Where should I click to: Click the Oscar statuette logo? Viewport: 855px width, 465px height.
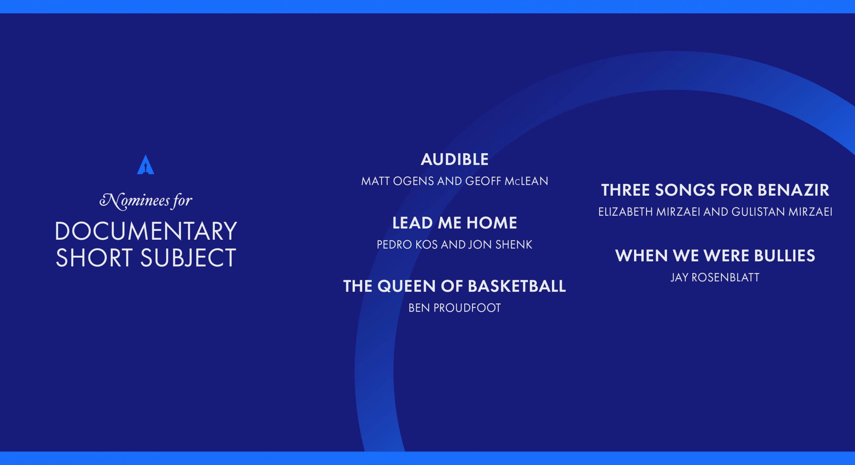pyautogui.click(x=146, y=165)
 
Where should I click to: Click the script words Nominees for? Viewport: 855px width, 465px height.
pyautogui.click(x=146, y=200)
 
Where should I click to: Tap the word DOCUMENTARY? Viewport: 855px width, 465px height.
pyautogui.click(x=146, y=231)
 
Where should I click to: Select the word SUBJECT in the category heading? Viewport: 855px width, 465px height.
pyautogui.click(x=188, y=257)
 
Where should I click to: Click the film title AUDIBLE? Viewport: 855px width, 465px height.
pyautogui.click(x=455, y=160)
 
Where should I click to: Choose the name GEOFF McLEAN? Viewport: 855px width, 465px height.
pyautogui.click(x=506, y=181)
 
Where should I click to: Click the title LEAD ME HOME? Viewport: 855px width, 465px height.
pyautogui.click(x=455, y=223)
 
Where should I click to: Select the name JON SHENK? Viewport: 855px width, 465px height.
pyautogui.click(x=500, y=245)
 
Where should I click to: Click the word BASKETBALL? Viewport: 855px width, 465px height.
pyautogui.click(x=517, y=286)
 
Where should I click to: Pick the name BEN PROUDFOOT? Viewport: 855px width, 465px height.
pyautogui.click(x=455, y=308)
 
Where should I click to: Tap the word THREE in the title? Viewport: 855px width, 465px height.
pyautogui.click(x=626, y=190)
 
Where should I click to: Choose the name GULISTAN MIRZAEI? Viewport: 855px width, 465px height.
pyautogui.click(x=782, y=212)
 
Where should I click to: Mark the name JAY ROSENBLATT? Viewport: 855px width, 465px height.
pyautogui.click(x=715, y=277)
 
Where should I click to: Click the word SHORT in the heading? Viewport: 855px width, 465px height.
pyautogui.click(x=94, y=257)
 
